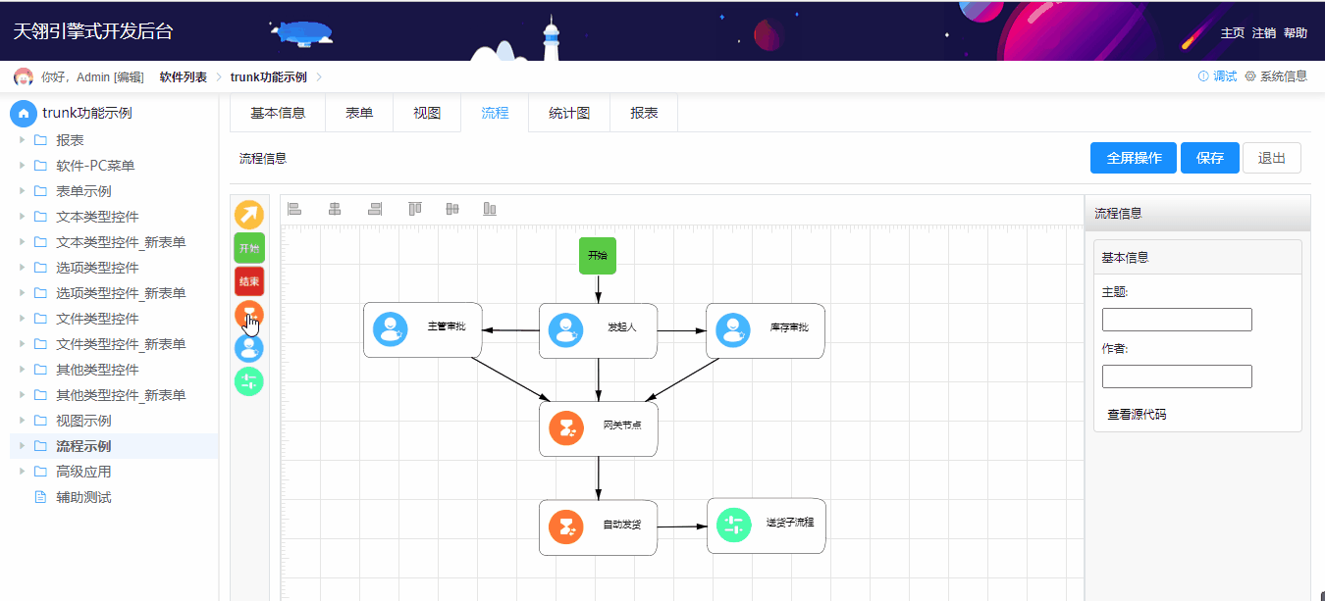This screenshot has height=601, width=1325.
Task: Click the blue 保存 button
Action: coord(1210,158)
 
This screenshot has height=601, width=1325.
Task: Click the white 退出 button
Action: coord(1271,158)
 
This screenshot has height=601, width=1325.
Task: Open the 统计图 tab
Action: coord(569,113)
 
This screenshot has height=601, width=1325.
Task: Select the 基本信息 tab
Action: coord(278,113)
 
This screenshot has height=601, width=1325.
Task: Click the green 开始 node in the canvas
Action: coord(598,256)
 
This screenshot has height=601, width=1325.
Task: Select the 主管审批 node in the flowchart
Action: coord(422,329)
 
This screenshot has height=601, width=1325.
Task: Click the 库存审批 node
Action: coord(766,329)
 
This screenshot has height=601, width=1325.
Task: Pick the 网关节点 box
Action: coord(598,428)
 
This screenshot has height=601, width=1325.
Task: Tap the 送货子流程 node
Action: coord(766,526)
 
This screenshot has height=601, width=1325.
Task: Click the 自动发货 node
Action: coord(598,527)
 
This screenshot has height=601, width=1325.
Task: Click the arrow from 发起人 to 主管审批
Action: coord(510,330)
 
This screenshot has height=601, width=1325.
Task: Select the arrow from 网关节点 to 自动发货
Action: coord(598,478)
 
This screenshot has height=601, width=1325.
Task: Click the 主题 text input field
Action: coord(1177,320)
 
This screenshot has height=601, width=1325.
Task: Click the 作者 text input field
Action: coord(1177,376)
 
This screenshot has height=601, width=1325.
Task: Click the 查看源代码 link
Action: coord(1137,415)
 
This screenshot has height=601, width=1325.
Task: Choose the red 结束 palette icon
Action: coord(249,281)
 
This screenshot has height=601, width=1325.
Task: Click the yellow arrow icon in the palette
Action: coord(249,215)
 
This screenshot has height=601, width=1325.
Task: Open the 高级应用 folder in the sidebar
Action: coord(83,472)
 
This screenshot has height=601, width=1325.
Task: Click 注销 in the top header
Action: coord(1263,33)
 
